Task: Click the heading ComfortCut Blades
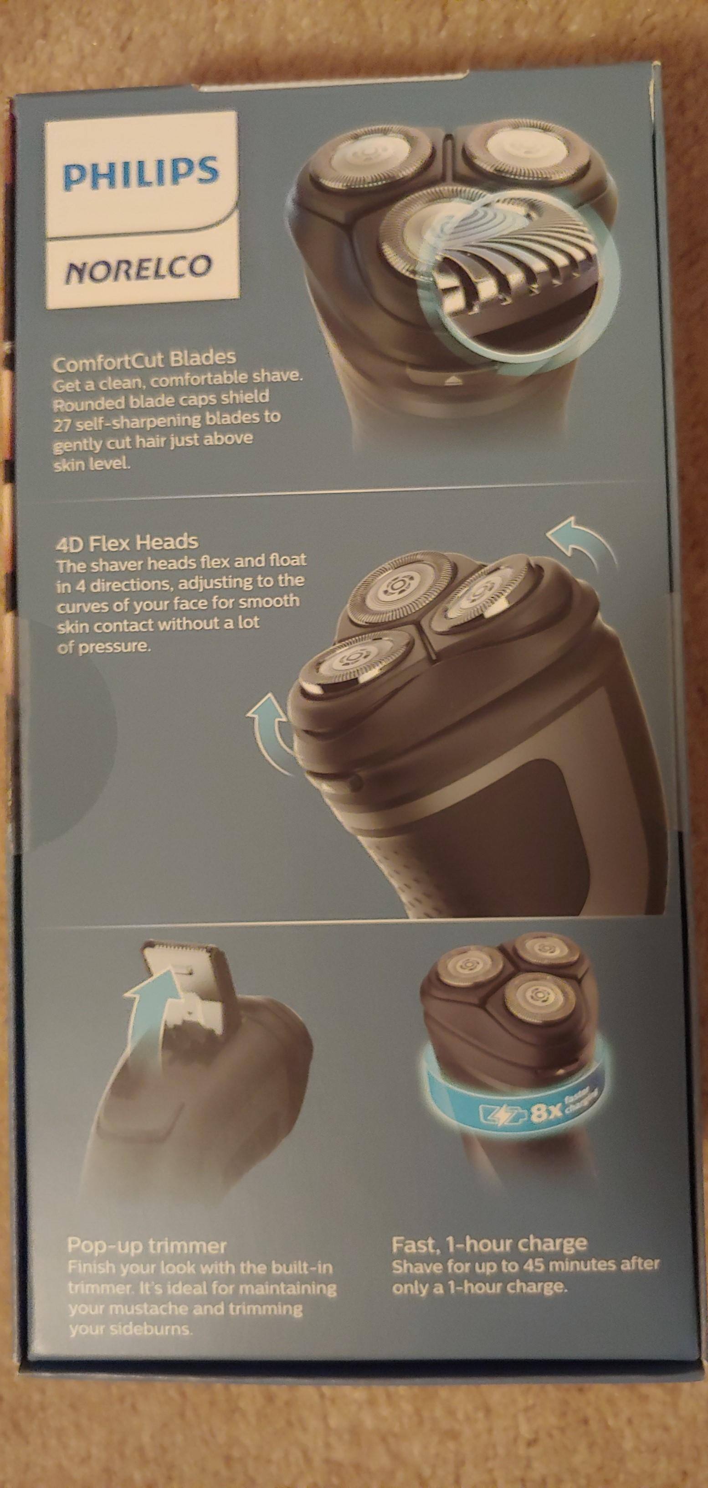coord(144,359)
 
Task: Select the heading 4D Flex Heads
coord(127,542)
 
